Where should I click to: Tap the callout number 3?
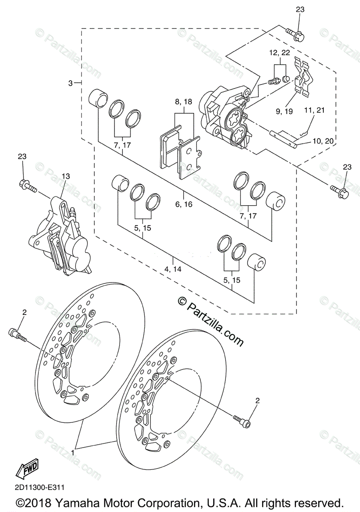click(x=70, y=83)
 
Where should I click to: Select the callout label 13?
click(x=65, y=177)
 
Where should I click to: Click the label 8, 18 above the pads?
click(x=184, y=102)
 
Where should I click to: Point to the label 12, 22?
click(x=279, y=53)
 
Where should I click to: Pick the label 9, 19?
click(x=284, y=111)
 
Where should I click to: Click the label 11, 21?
click(x=314, y=111)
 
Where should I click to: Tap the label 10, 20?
click(x=323, y=141)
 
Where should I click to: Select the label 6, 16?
click(x=184, y=204)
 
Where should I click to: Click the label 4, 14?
click(x=173, y=269)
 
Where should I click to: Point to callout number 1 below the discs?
click(x=73, y=452)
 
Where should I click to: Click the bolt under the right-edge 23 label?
click(x=340, y=190)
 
